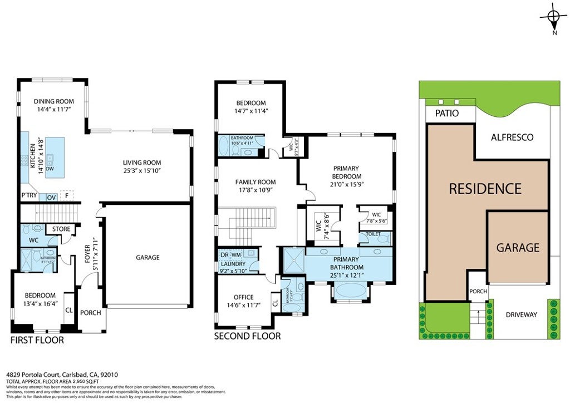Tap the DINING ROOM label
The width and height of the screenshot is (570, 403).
pos(54,101)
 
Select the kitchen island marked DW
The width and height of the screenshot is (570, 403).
pos(55,158)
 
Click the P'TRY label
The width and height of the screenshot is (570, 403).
pos(28,196)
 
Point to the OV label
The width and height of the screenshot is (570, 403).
pos(51,196)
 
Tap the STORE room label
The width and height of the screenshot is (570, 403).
pos(61,229)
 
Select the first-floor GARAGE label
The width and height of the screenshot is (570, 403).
pos(148,257)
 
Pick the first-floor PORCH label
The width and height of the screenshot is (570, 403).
pos(91,312)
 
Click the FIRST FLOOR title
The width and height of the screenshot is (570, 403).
pos(37,340)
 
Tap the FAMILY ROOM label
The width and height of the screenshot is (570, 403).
pos(255,182)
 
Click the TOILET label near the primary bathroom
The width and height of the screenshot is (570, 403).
pos(373,234)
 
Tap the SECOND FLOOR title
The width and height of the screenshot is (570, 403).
pos(247,336)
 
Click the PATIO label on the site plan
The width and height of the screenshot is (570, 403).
pos(447,114)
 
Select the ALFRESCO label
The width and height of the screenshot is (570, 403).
pos(513,137)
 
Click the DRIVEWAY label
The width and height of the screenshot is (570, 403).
pos(521,314)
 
